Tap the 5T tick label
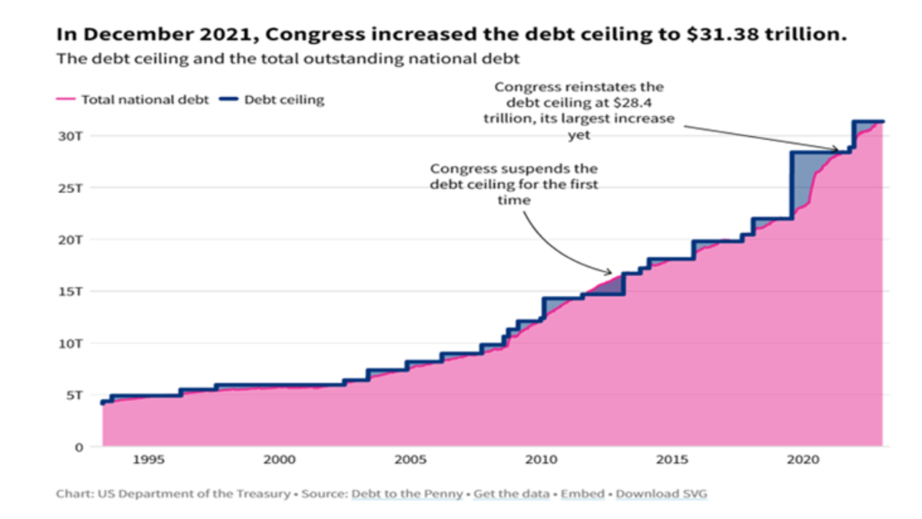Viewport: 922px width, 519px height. [x=75, y=395]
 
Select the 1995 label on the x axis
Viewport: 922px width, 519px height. [x=148, y=460]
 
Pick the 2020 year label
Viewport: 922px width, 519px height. [x=801, y=460]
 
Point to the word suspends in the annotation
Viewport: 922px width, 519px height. [x=542, y=168]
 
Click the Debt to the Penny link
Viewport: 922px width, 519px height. [x=405, y=494]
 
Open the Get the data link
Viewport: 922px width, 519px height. [x=508, y=494]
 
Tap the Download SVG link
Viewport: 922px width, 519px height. [x=661, y=494]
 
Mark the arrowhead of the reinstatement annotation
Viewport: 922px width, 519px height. [x=837, y=149]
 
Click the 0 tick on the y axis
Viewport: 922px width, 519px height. [x=78, y=447]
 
